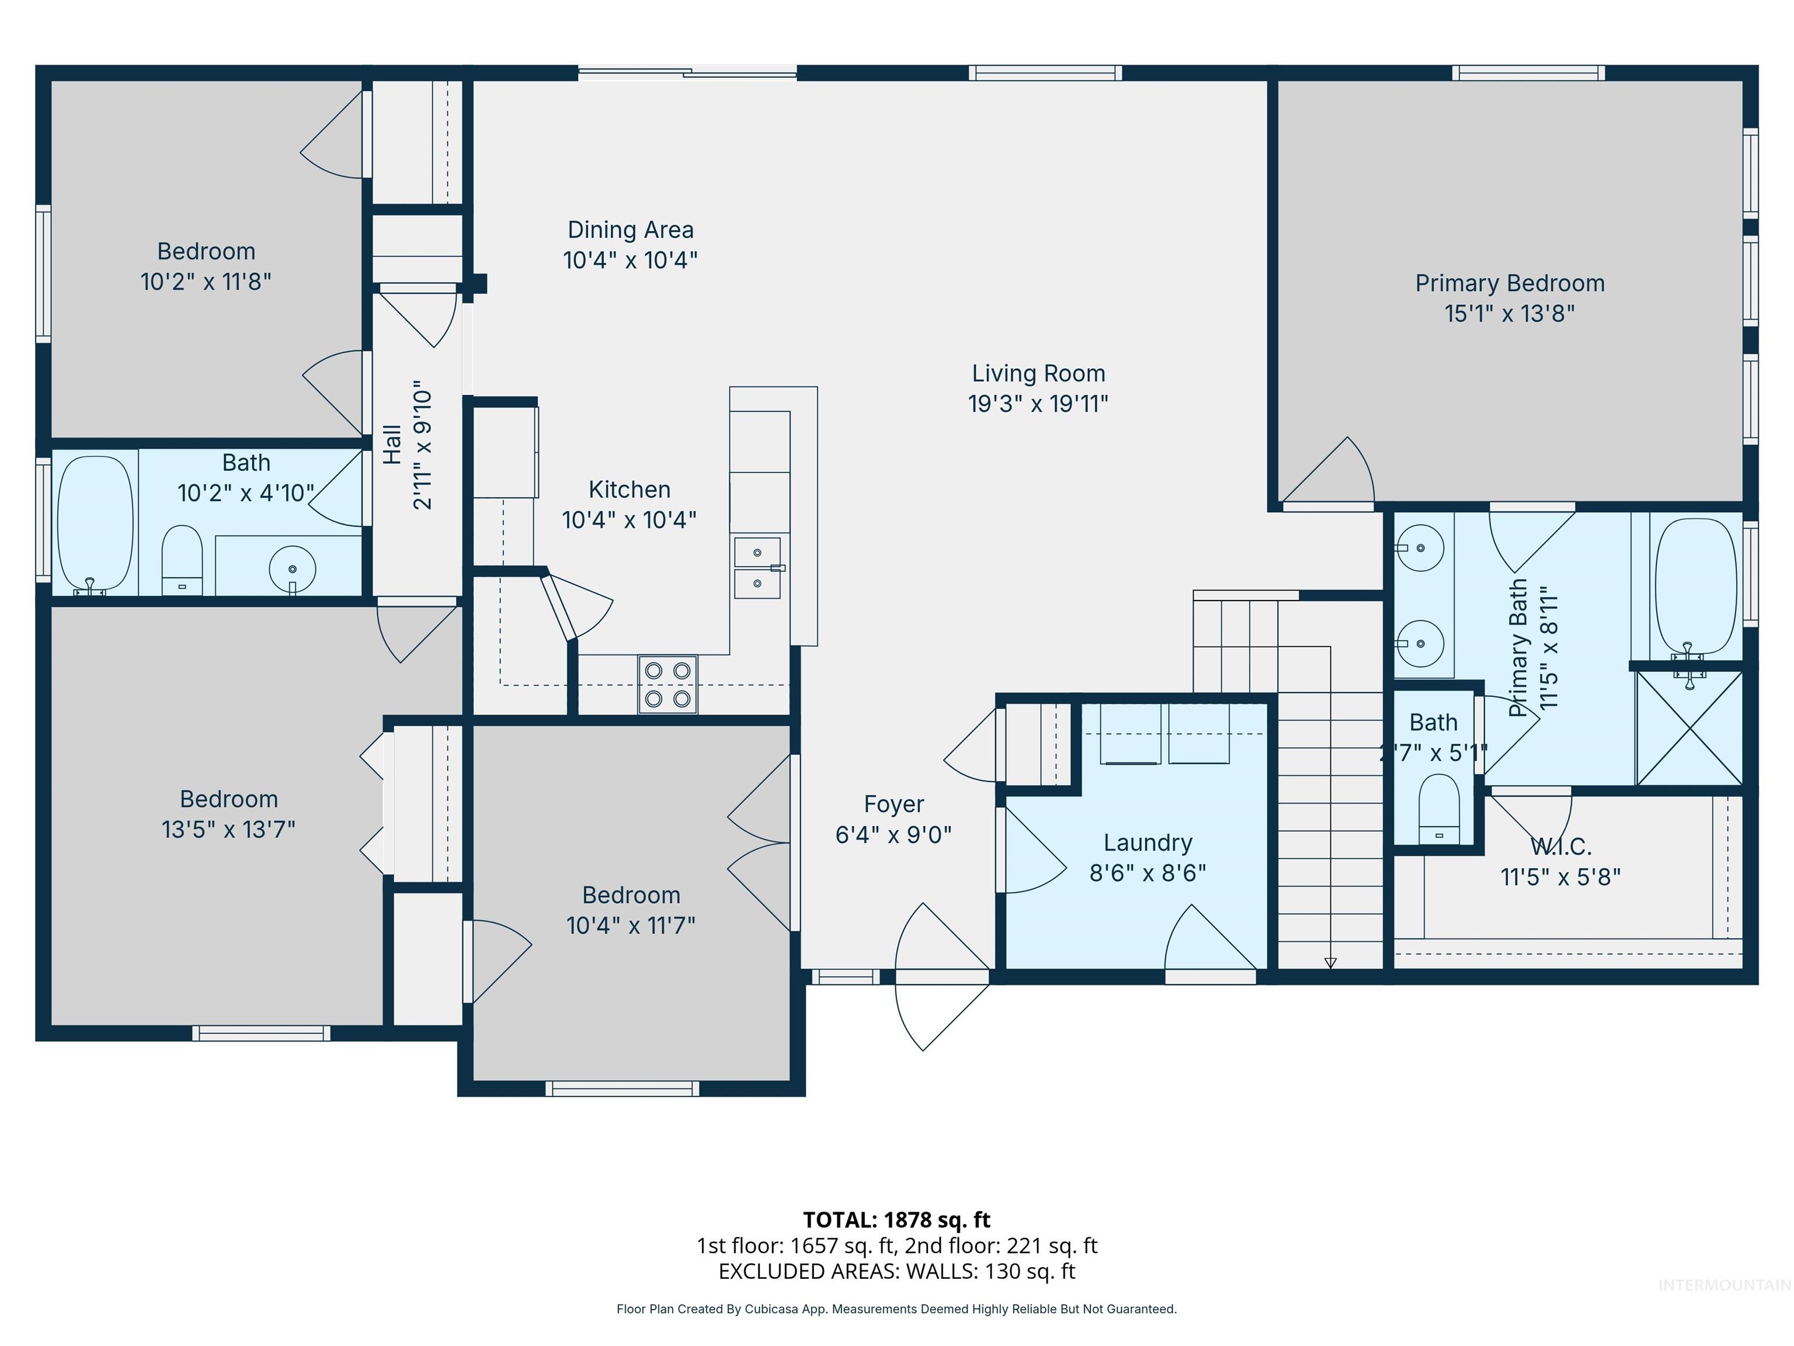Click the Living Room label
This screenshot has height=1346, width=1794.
point(1038,373)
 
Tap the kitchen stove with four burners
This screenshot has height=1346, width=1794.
point(667,685)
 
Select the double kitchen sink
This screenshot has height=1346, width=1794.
point(757,568)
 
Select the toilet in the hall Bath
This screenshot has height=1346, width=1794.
point(182,558)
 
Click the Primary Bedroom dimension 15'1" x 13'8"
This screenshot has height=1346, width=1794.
point(1510,313)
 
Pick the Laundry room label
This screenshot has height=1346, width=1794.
point(1148,843)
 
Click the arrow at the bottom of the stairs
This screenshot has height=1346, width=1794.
point(1330,962)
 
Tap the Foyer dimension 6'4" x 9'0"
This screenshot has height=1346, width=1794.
point(893,834)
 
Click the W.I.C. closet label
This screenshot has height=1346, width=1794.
point(1560,847)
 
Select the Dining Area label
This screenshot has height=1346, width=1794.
point(630,230)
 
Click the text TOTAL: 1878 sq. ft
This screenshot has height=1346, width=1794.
point(896,1219)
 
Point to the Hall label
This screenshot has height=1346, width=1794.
point(392,445)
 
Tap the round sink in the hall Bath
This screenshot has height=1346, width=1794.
point(292,569)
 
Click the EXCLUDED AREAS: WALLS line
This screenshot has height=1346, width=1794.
point(896,1271)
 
